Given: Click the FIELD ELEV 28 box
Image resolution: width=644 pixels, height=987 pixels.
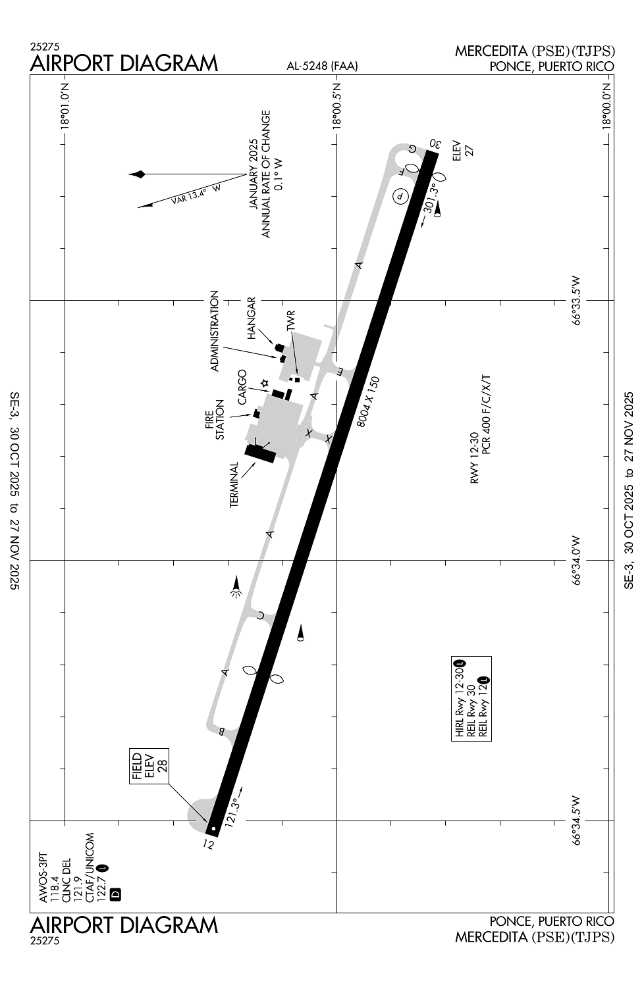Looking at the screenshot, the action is pyautogui.click(x=149, y=766).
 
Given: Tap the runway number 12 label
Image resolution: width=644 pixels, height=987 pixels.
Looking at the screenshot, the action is pyautogui.click(x=209, y=844).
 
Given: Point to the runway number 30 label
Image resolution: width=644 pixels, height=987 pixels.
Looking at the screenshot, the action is pyautogui.click(x=435, y=143).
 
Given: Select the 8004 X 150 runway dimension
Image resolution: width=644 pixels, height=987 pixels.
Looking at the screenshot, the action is pyautogui.click(x=368, y=402).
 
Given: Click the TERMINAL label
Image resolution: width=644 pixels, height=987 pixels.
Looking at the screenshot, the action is pyautogui.click(x=234, y=485).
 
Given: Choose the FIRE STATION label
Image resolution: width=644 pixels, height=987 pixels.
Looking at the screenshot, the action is pyautogui.click(x=215, y=420).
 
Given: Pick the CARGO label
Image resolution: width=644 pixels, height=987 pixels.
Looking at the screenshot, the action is pyautogui.click(x=242, y=388).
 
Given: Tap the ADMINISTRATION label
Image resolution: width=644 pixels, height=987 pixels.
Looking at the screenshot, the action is pyautogui.click(x=215, y=330).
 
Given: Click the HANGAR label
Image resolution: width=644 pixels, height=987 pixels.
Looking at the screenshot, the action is pyautogui.click(x=252, y=318).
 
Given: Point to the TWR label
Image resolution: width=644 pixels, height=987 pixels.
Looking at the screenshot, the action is pyautogui.click(x=290, y=321).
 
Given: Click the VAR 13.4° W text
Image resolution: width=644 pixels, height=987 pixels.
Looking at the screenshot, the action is pyautogui.click(x=196, y=194).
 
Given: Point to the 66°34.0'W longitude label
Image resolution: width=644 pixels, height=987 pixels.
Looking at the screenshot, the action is pyautogui.click(x=576, y=561).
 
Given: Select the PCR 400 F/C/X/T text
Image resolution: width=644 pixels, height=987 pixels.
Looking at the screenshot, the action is pyautogui.click(x=486, y=414).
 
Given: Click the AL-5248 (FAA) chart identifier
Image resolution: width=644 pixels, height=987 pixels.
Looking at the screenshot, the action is pyautogui.click(x=322, y=66).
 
